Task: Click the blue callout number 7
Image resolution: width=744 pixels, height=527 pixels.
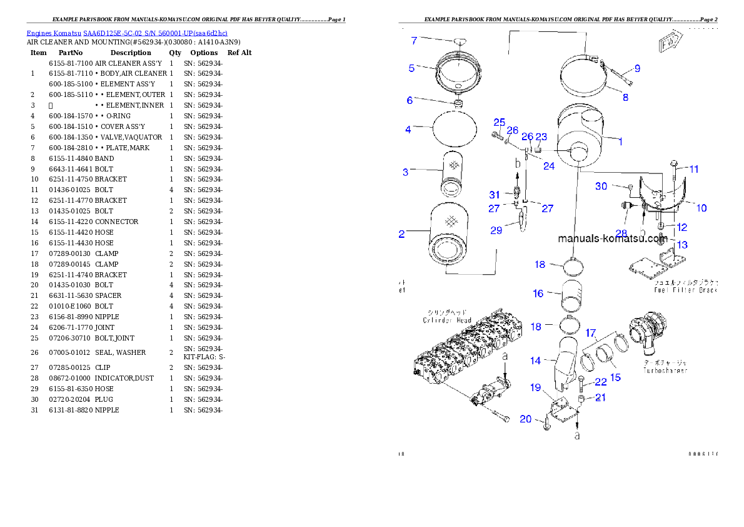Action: tap(414, 41)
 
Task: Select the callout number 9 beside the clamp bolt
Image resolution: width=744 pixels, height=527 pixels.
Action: tap(637, 68)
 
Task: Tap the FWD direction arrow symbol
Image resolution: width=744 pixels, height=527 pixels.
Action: tap(668, 44)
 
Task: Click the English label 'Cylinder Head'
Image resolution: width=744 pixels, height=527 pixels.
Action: tap(446, 320)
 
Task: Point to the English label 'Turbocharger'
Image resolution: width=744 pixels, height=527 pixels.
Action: tap(665, 371)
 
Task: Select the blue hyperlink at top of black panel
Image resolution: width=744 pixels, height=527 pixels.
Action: tap(127, 33)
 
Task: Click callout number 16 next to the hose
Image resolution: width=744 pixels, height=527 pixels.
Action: tap(538, 294)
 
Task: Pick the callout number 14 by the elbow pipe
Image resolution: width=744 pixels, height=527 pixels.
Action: tap(536, 361)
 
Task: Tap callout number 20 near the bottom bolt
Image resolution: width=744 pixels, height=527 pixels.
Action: tap(526, 419)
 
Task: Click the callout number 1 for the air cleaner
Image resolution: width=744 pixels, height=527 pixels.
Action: tap(620, 142)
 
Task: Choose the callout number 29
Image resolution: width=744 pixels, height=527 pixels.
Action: tap(496, 230)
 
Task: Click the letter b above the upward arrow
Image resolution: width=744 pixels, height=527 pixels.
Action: tap(518, 163)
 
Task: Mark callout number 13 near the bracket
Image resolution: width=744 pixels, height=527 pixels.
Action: tap(682, 245)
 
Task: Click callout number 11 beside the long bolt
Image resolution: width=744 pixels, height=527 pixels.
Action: tap(694, 169)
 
